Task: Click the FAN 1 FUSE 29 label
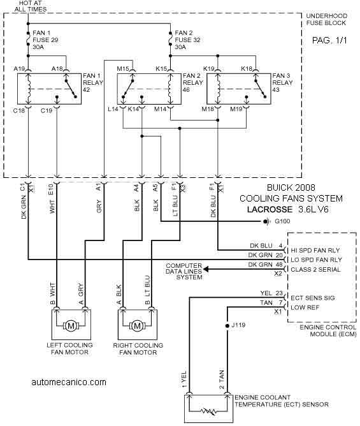(45, 40)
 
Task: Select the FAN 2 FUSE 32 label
(187, 40)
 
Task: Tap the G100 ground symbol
(267, 222)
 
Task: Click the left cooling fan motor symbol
(71, 325)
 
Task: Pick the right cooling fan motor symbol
(138, 325)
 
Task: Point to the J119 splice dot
(227, 325)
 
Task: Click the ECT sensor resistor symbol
(209, 411)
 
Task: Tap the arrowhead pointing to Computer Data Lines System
(206, 269)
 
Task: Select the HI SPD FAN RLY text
(315, 250)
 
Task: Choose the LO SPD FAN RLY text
(316, 260)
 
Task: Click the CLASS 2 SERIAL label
(315, 270)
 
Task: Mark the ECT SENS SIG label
(313, 298)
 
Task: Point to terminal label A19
(19, 69)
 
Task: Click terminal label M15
(123, 69)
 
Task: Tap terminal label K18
(247, 69)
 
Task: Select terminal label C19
(46, 110)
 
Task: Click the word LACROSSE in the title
(270, 209)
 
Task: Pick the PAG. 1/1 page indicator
(329, 40)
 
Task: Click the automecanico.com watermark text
(69, 382)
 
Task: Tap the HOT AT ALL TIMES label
(31, 6)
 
